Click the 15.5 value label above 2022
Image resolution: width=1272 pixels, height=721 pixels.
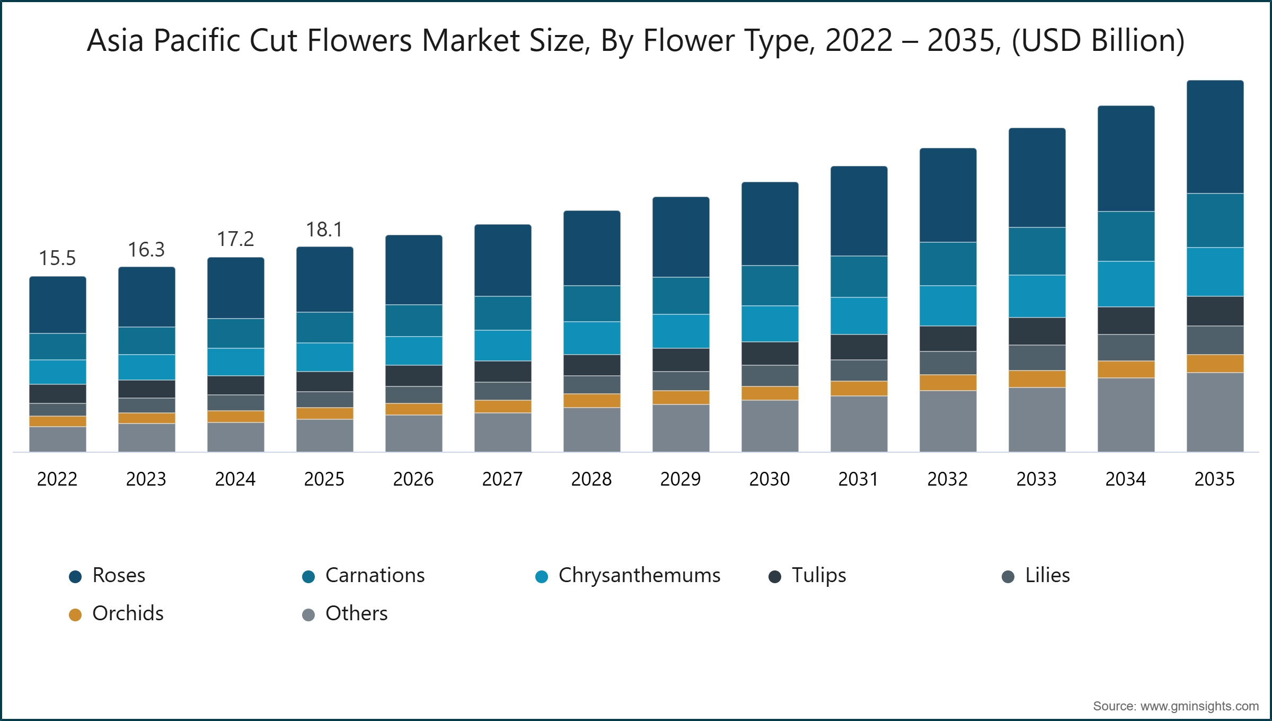coord(57,258)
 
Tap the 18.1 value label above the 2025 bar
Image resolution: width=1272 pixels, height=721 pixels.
coord(324,230)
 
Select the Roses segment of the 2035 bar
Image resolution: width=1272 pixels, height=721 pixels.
coord(1215,137)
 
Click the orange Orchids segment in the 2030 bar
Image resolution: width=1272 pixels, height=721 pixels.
coord(770,393)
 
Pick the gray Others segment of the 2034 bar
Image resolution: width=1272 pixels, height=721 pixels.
coord(1126,415)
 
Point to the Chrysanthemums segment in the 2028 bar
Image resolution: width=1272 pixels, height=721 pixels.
coord(591,338)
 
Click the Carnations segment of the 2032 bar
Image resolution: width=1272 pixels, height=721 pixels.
coord(948,264)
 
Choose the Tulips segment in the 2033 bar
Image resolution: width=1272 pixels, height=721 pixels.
coord(1037,331)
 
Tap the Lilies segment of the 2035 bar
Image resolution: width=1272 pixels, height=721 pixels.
coord(1215,340)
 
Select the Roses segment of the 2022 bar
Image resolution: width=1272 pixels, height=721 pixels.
coord(57,305)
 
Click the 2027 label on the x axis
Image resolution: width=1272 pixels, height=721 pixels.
coord(502,479)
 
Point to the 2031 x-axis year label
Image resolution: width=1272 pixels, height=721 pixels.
coord(859,479)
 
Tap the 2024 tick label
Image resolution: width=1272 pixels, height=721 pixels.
coord(235,479)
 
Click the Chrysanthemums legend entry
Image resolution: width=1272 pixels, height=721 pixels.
coord(639,575)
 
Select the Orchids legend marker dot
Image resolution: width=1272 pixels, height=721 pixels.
coord(75,615)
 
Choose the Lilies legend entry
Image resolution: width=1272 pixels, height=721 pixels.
coord(1047,575)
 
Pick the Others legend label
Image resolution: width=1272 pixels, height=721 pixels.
coord(356,613)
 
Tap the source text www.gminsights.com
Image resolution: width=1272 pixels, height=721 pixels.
coord(1199,706)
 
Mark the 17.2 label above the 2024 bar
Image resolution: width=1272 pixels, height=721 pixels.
coord(235,239)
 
